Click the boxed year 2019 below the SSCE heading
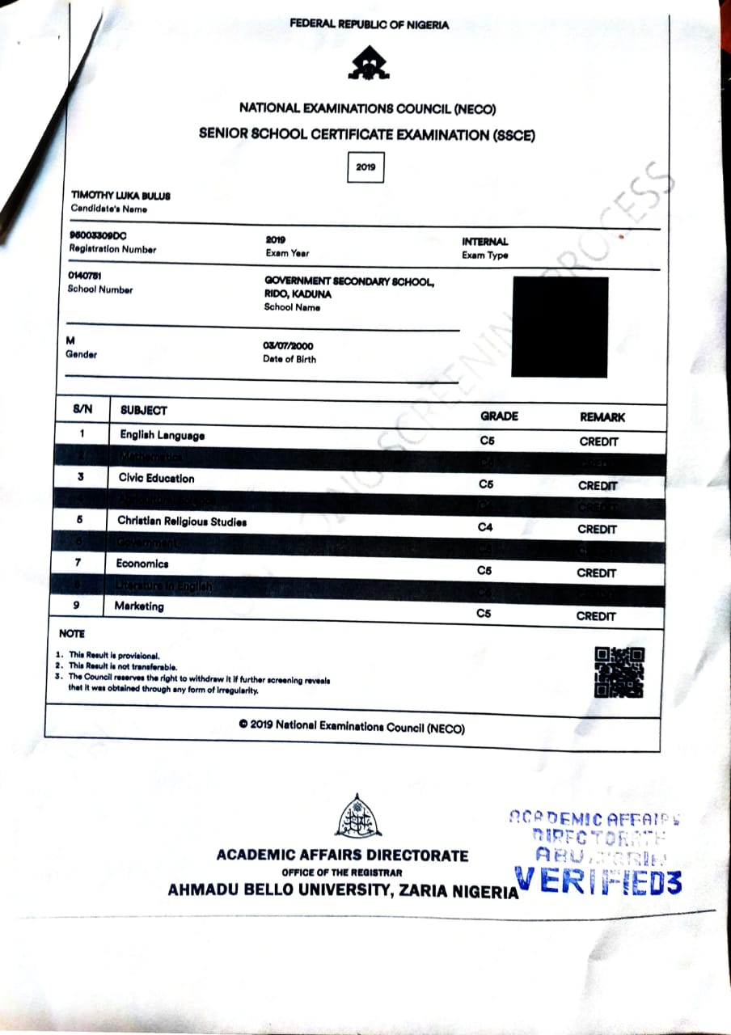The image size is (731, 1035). (x=365, y=167)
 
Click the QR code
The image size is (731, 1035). (x=619, y=672)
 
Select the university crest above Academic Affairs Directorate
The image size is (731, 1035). (x=357, y=817)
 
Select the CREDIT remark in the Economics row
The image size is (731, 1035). (x=597, y=572)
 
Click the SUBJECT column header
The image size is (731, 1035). (x=144, y=410)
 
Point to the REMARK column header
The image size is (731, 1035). (x=602, y=417)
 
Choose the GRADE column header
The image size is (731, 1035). (x=499, y=416)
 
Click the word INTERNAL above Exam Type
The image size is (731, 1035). (x=485, y=241)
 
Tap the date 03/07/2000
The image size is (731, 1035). (x=288, y=346)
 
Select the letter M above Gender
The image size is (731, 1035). (x=71, y=340)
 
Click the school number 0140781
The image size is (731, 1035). (x=85, y=276)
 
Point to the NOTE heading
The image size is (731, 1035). (x=72, y=634)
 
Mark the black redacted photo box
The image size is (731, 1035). (x=560, y=327)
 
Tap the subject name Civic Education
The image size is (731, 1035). (x=156, y=478)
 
